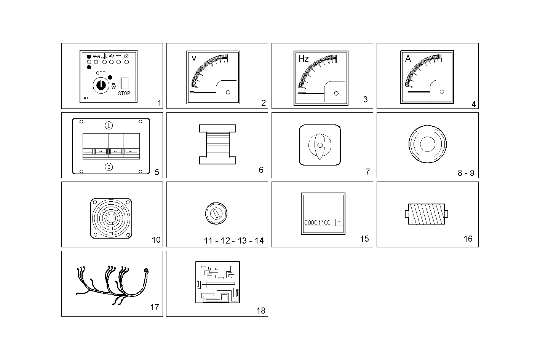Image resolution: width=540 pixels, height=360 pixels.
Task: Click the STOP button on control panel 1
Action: [124, 83]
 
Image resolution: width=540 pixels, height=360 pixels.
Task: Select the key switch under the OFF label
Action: [101, 84]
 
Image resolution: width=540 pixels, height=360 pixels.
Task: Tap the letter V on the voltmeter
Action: [194, 58]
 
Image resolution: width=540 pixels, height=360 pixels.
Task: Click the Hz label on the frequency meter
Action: [304, 59]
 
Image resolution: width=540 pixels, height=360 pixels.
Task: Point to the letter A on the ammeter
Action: [408, 59]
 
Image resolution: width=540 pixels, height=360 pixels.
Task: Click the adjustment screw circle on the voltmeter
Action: [228, 92]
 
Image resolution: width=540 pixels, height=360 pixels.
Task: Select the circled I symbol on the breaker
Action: [109, 125]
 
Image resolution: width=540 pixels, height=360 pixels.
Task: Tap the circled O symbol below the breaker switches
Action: [109, 167]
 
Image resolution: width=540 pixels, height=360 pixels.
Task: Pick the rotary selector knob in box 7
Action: [320, 145]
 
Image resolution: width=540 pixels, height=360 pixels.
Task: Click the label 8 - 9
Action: [466, 173]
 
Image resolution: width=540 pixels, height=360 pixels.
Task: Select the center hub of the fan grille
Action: [111, 218]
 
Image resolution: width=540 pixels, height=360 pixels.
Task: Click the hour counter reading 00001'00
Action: [317, 223]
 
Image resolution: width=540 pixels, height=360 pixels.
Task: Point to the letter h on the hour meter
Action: [339, 223]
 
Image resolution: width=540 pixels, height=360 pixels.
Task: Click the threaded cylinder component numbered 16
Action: [426, 214]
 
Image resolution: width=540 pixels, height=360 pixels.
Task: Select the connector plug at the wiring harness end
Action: [146, 271]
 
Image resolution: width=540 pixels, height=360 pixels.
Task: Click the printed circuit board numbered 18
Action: [217, 282]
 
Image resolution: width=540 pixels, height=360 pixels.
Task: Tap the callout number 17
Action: [154, 307]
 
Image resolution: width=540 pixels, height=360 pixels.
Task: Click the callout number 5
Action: [157, 172]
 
